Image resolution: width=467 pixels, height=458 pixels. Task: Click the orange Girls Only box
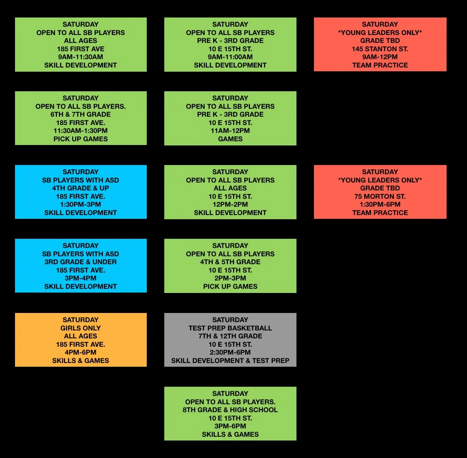point(80,340)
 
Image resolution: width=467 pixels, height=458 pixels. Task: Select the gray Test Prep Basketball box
point(230,340)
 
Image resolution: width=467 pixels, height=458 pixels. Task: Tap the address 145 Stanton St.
point(380,49)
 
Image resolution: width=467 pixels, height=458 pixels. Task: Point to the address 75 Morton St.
point(380,196)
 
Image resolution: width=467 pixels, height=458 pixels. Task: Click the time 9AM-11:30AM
point(80,57)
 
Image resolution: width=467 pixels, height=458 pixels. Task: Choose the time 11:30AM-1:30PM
point(80,130)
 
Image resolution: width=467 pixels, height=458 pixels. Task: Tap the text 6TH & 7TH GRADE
point(80,114)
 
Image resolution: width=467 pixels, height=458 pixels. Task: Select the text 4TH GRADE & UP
point(80,188)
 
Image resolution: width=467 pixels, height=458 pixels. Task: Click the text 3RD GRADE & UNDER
point(80,262)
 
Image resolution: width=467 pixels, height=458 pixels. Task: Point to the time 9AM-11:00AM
point(230,57)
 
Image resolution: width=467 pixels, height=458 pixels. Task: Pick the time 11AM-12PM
point(230,130)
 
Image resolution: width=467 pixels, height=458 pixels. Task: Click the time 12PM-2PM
point(230,204)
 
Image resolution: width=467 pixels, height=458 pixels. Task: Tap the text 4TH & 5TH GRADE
point(230,262)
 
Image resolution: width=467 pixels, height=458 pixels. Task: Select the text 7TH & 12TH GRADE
point(230,336)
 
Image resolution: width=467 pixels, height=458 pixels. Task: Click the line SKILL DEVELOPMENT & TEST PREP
point(230,360)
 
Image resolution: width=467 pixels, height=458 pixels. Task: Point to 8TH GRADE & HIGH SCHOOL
point(230,410)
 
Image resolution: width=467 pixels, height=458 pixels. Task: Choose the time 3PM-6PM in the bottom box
point(230,426)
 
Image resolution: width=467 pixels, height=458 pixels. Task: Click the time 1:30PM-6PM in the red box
point(380,204)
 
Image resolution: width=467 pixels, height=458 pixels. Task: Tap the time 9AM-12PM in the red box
point(380,57)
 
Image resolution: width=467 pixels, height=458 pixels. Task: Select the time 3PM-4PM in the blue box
point(80,278)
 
